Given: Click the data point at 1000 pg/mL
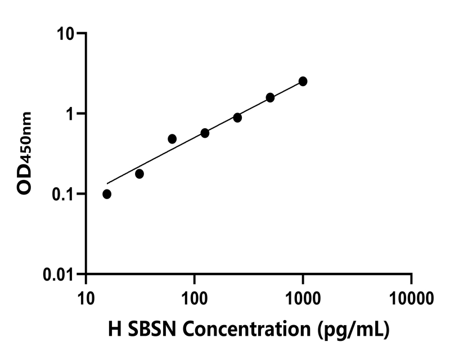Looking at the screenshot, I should (303, 82).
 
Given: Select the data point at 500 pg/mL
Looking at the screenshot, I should (270, 97).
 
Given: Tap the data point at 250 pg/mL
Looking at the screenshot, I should (237, 118).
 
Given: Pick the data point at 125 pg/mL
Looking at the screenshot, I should (205, 133).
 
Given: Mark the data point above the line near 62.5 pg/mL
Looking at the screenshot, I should (172, 139).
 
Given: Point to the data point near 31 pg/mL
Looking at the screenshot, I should (139, 174).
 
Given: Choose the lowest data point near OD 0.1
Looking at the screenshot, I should (107, 194).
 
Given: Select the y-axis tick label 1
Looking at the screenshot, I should (71, 114).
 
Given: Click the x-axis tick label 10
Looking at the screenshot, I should (85, 296).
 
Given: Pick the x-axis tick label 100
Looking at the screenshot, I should (194, 296).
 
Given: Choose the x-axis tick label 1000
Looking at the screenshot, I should (303, 296).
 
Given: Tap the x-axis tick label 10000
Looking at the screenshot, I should (411, 296).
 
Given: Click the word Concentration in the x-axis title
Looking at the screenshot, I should (246, 330).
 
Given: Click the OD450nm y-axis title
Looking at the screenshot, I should (25, 153).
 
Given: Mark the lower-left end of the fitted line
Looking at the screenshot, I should (107, 183).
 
